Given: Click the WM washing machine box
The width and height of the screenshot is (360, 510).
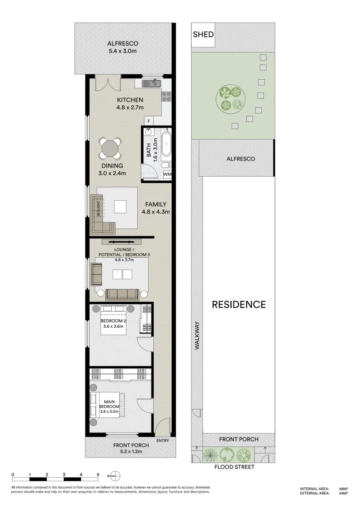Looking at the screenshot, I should coord(167,174).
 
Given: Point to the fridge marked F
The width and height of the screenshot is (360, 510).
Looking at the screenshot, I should coord(149,121).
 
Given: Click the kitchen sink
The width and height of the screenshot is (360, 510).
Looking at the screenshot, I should coord(152,83).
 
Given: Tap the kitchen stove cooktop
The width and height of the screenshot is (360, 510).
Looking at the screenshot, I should coord(167,96).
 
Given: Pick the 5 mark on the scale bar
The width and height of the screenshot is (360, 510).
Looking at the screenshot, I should coord(98,474).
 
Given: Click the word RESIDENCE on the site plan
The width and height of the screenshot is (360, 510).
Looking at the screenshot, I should coord(238,305).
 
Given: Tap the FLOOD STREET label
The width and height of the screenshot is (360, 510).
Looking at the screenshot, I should coord(234,467).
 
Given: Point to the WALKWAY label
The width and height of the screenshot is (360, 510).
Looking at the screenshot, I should coord(197,336).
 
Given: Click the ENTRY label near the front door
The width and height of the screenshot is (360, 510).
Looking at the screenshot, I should coord(162,441).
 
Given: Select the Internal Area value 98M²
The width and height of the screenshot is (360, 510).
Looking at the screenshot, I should coord(343,489).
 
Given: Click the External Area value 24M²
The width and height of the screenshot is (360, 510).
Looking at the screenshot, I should coord(343,493).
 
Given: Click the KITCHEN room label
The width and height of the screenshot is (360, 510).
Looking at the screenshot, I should coord(130,100).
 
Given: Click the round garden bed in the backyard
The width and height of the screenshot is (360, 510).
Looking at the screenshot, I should coord(231,99).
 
